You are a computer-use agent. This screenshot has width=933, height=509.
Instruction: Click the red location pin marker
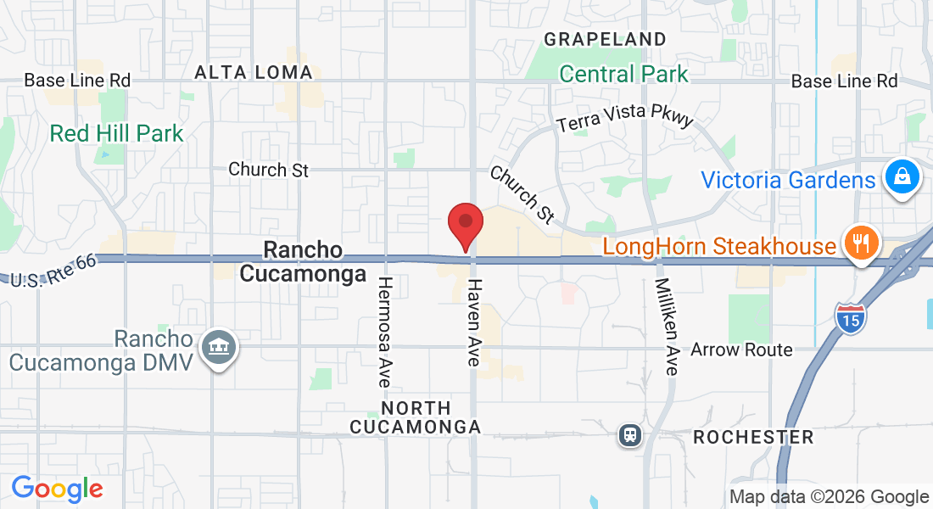[466, 223]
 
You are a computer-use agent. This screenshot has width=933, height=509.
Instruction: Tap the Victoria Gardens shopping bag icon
[902, 178]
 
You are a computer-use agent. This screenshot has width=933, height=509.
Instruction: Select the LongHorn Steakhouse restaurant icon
[860, 245]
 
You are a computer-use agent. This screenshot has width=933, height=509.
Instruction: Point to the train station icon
[629, 435]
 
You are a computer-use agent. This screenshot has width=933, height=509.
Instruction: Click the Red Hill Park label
[116, 133]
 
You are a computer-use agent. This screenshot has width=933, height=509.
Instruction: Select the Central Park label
[624, 74]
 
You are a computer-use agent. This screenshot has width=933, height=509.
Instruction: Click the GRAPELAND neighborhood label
[605, 39]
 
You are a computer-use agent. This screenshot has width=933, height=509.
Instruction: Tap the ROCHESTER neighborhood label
[753, 438]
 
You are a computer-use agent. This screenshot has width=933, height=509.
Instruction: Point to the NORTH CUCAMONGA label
[416, 417]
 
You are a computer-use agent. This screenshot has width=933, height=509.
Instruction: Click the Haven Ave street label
[474, 323]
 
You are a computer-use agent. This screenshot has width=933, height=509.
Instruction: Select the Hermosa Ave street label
[384, 332]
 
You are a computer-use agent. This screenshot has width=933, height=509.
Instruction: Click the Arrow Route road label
[741, 350]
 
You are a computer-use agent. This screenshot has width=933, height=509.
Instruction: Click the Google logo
[57, 489]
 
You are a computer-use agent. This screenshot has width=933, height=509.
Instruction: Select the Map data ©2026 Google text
[829, 497]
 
